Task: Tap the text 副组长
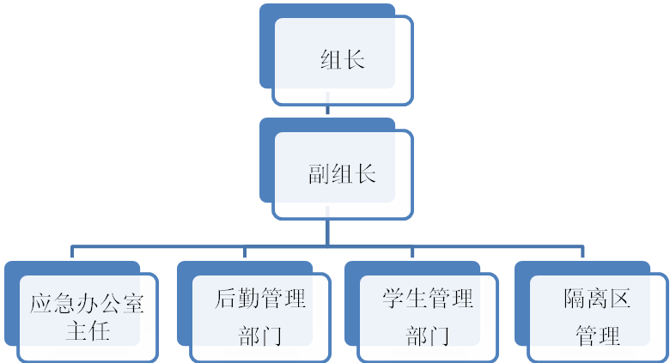click(x=342, y=174)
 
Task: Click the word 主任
click(x=88, y=330)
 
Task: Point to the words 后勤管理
click(x=260, y=300)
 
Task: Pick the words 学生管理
click(x=428, y=300)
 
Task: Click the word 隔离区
click(x=598, y=300)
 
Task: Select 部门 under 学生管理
click(x=428, y=334)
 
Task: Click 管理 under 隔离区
click(x=598, y=334)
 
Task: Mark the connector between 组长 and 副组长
click(x=326, y=109)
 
